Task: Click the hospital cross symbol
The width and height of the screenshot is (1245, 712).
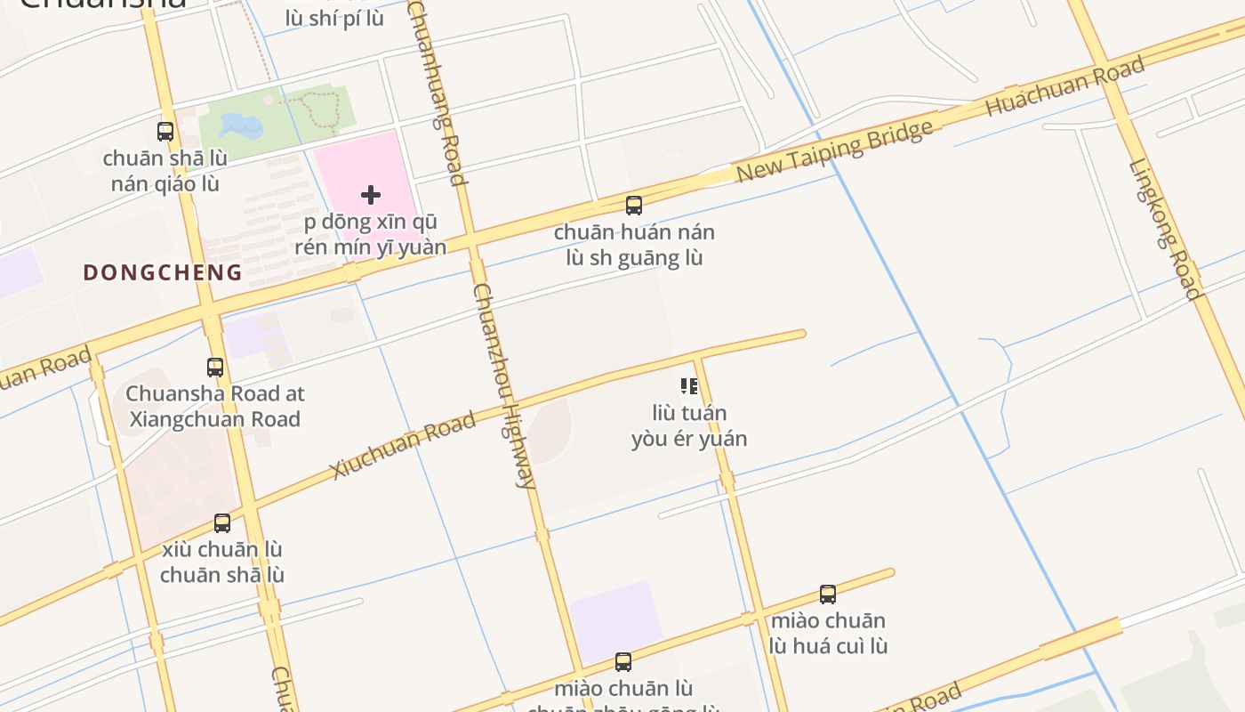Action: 371,195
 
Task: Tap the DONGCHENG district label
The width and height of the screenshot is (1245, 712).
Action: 163,273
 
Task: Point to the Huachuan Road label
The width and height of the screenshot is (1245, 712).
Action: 1064,86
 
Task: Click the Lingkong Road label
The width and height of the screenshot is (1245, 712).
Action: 1165,229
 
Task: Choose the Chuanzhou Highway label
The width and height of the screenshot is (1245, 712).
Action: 504,385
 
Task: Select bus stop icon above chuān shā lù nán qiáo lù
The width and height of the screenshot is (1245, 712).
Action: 165,132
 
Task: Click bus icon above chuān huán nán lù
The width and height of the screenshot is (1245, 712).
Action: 634,206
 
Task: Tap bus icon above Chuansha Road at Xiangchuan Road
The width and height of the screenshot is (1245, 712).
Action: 215,367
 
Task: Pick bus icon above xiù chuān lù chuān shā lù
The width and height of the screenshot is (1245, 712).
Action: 222,523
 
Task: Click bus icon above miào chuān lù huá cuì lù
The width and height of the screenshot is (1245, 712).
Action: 828,595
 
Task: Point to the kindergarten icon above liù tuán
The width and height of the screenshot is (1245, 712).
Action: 689,386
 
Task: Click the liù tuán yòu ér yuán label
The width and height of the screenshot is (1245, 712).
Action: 689,426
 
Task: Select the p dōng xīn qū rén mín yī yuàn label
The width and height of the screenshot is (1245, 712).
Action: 371,235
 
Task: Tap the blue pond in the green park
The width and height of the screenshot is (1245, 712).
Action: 241,125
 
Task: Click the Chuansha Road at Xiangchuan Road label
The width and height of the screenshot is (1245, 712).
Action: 215,406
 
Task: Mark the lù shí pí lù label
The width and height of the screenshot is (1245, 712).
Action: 334,18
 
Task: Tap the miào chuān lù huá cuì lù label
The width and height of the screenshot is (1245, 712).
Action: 828,633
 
